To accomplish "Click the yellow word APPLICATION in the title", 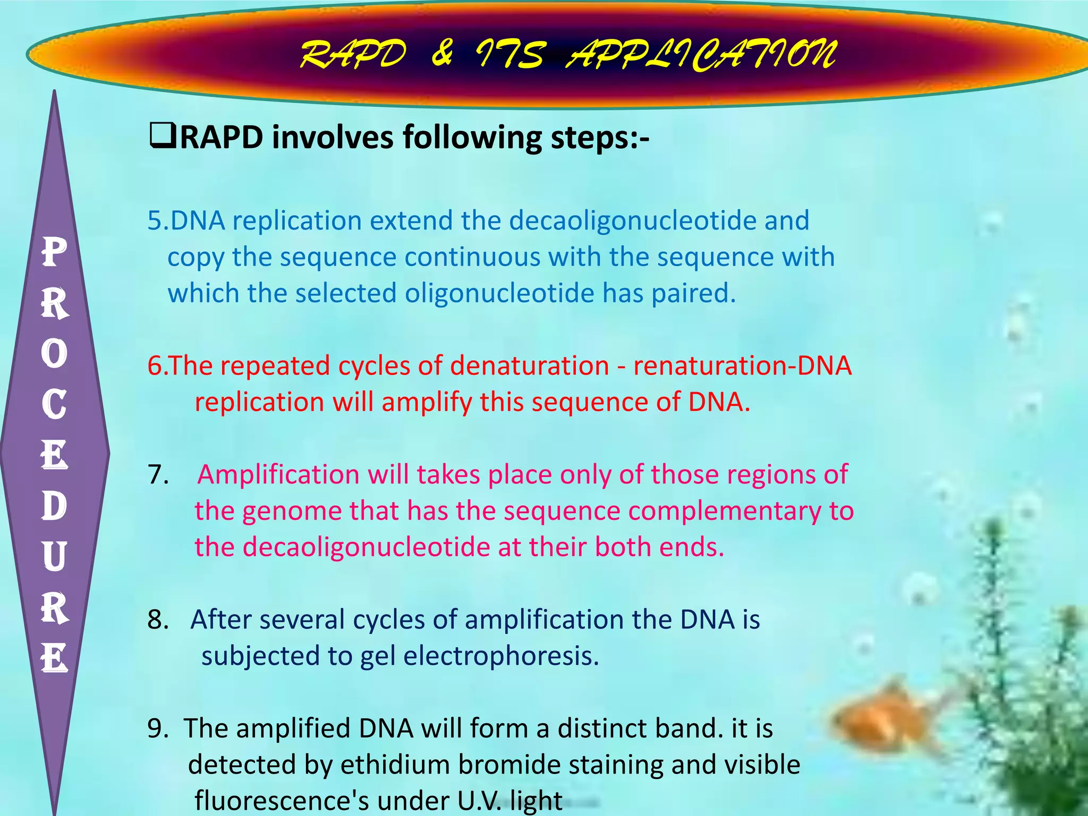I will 700,55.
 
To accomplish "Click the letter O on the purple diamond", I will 54,353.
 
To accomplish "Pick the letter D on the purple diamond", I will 54,506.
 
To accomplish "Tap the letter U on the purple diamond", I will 54,557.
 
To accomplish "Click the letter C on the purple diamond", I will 54,404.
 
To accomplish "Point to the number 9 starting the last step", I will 156,729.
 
